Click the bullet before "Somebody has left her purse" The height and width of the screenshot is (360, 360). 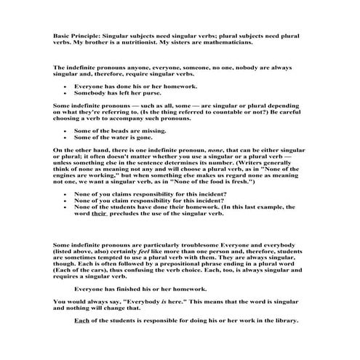pyautogui.click(x=65, y=93)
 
